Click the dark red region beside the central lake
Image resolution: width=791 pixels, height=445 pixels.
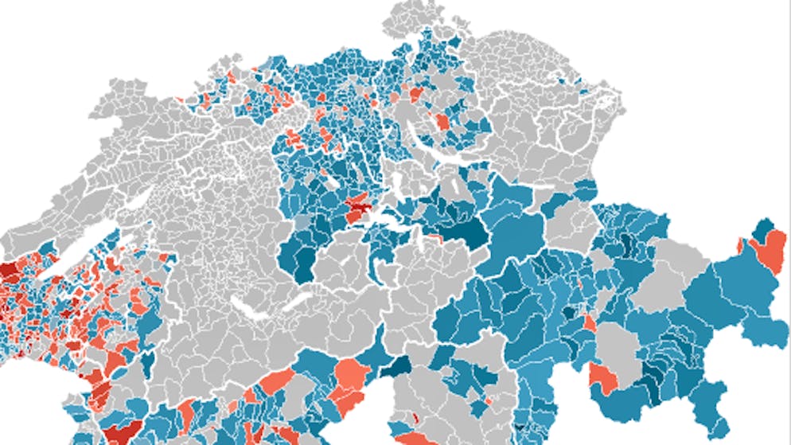[x=358, y=211]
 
